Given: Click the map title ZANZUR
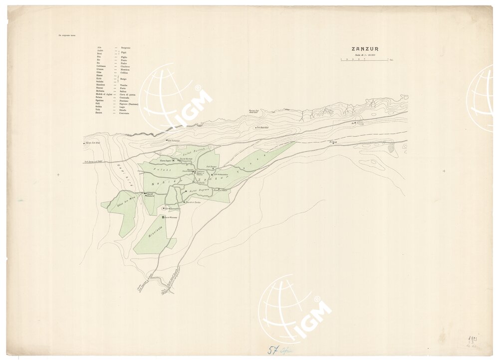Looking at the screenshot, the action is tap(365, 49).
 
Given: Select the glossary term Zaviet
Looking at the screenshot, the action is tap(100, 113).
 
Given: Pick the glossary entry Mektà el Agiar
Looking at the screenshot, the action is tap(104, 93).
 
